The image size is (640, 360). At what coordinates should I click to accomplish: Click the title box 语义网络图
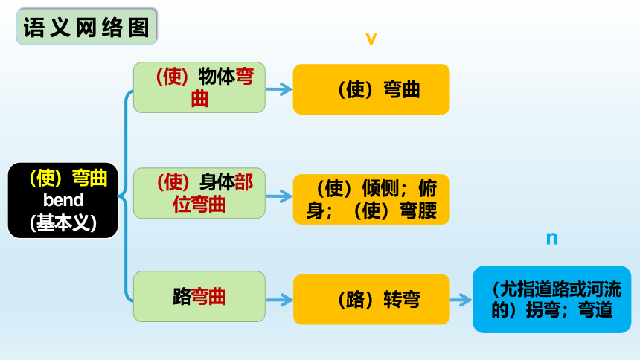[x=86, y=27]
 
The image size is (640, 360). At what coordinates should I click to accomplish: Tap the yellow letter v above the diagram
[x=371, y=39]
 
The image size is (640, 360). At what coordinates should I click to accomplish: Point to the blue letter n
[x=552, y=238]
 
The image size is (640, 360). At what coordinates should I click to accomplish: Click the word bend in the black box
[x=63, y=200]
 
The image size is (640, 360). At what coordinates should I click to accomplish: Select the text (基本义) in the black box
[x=63, y=223]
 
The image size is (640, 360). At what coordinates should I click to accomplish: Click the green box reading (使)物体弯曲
[x=199, y=87]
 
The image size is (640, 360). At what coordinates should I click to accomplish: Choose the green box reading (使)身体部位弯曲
[x=199, y=193]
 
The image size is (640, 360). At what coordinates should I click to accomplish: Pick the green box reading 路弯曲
[x=199, y=296]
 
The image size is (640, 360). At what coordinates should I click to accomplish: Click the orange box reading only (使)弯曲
[x=371, y=89]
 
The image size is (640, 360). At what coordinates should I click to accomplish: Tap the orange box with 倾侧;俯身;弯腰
[x=371, y=199]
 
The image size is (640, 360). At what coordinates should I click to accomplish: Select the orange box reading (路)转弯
[x=371, y=300]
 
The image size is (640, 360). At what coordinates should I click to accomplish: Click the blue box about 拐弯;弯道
[x=552, y=300]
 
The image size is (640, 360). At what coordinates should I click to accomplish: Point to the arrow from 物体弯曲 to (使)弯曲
[x=279, y=89]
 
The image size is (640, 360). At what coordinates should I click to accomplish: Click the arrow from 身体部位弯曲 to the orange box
[x=279, y=196]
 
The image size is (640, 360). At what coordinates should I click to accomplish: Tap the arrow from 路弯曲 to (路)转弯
[x=279, y=300]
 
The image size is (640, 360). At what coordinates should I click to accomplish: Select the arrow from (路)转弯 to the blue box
[x=461, y=300]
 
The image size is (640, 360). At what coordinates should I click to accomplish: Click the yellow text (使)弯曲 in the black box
[x=68, y=178]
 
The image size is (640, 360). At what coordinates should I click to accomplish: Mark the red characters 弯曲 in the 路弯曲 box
[x=208, y=297]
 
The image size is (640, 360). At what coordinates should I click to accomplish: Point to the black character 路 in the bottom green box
[x=182, y=297]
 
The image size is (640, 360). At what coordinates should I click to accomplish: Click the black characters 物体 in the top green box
[x=217, y=77]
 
